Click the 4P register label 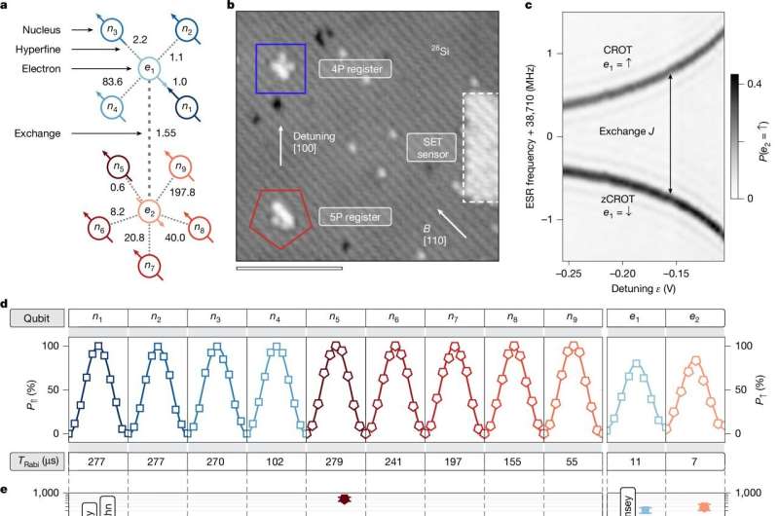click(355, 69)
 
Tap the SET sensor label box click(429, 146)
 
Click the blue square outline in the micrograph click(280, 70)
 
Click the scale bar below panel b click(289, 265)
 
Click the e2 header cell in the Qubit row click(694, 316)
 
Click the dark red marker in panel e click(344, 499)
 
